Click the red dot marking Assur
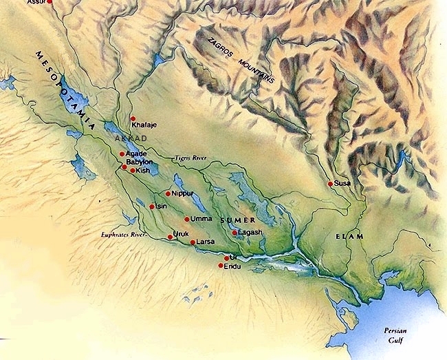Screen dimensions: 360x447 48,2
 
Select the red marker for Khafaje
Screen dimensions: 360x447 133,118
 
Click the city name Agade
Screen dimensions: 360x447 136,153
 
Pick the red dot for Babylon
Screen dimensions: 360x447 124,167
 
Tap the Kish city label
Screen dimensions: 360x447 143,170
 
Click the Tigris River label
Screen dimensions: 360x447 190,158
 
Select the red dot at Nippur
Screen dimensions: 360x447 167,193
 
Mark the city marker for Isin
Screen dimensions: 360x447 152,206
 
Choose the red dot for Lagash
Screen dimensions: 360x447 235,233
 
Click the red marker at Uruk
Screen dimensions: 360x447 170,237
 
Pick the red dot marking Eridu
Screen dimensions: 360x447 220,266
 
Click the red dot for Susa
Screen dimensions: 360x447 330,184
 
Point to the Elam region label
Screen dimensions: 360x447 349,237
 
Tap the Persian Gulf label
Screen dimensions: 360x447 400,335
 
